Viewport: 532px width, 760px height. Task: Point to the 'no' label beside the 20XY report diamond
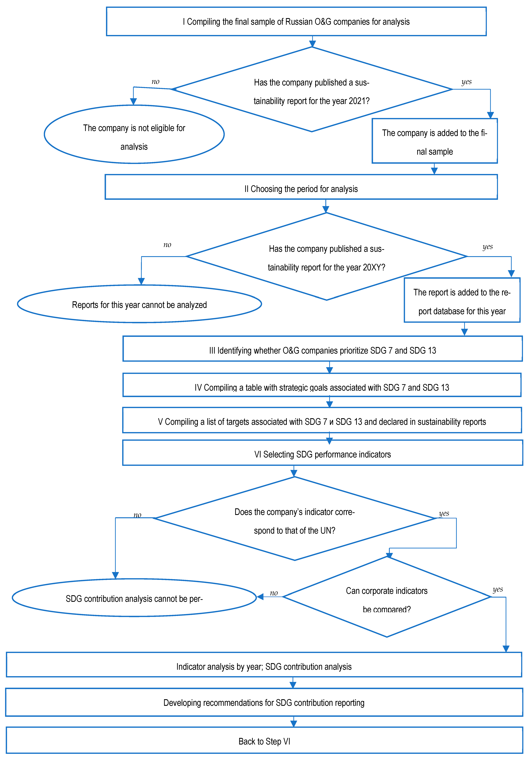[x=167, y=245]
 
